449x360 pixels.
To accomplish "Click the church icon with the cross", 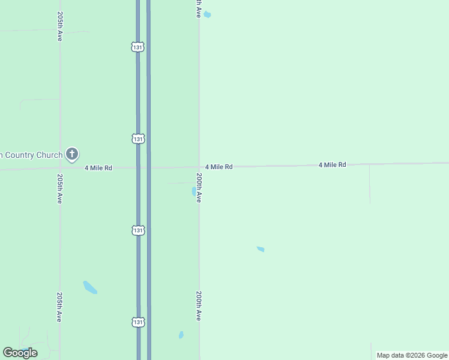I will point(72,155).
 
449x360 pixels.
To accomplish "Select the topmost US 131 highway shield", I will point(139,47).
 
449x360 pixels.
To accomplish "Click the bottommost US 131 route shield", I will point(139,322).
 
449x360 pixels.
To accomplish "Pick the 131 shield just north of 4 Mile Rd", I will point(139,139).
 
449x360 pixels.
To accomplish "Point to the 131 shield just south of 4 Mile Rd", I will point(139,230).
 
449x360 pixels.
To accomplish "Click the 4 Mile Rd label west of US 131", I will point(98,168).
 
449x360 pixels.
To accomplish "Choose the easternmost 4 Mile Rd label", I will point(332,164).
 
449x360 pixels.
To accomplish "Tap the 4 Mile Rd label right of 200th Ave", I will point(218,167).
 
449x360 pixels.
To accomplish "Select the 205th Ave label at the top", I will point(60,26).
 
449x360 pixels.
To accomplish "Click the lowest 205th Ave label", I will point(60,307).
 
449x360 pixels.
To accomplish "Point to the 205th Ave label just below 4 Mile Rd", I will point(60,189).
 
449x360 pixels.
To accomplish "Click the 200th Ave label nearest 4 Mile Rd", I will point(199,188).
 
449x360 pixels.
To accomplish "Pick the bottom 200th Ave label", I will point(199,306).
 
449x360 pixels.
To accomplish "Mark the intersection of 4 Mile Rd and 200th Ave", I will point(199,167).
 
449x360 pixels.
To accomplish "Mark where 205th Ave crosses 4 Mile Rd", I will point(60,169).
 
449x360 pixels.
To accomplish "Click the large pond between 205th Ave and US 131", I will point(90,287).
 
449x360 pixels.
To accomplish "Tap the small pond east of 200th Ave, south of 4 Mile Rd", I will point(261,249).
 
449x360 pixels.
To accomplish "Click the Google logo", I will point(20,353).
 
